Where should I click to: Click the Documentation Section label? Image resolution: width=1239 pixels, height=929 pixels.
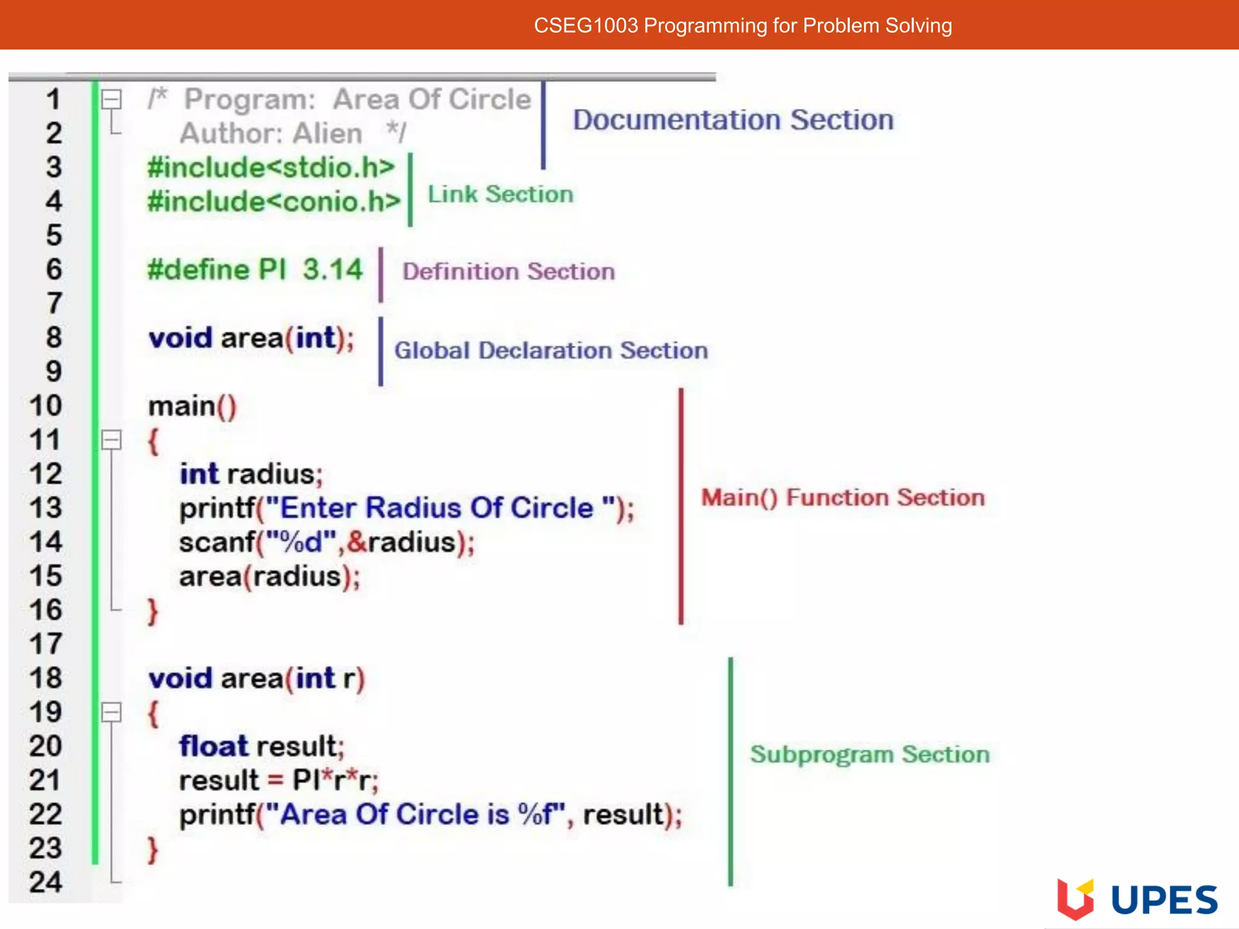(x=733, y=120)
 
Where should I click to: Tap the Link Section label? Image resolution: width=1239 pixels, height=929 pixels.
(x=500, y=194)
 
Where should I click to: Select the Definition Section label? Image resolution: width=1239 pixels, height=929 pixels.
(x=508, y=272)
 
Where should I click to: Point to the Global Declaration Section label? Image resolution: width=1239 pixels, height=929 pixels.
(x=551, y=350)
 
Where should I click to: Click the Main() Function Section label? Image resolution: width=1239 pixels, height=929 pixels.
(x=843, y=497)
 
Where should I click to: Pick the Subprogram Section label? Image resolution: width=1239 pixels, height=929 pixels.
(x=869, y=754)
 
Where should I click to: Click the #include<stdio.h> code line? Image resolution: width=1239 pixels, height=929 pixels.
(x=271, y=168)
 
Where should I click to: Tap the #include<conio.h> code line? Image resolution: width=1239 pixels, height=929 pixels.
(x=273, y=201)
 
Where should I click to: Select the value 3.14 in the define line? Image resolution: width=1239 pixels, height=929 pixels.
(x=333, y=269)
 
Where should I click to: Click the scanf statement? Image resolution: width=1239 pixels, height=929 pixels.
(x=327, y=542)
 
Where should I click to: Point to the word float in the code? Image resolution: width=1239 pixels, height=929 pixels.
(x=214, y=746)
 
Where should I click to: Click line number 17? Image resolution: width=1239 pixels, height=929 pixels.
(x=46, y=644)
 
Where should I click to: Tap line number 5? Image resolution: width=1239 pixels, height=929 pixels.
(x=54, y=235)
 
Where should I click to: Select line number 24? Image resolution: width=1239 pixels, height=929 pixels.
(x=46, y=882)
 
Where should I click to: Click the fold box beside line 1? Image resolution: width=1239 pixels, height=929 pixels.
(x=111, y=99)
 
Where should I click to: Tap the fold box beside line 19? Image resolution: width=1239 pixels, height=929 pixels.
(x=111, y=712)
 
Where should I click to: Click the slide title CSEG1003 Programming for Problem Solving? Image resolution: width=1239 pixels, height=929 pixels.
(x=742, y=25)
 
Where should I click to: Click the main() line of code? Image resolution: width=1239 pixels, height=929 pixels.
(x=192, y=406)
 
